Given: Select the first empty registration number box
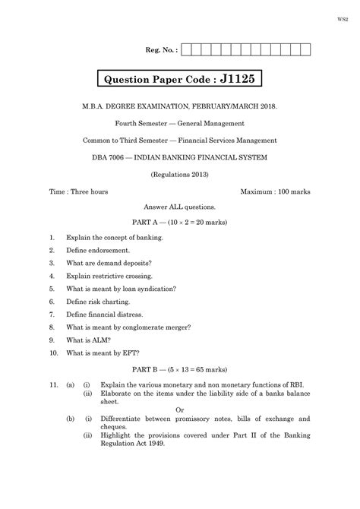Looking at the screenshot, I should [187, 51].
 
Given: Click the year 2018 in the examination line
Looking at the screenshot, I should [266, 108].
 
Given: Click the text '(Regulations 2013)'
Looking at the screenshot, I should [179, 174].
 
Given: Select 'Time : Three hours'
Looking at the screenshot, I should [77, 191].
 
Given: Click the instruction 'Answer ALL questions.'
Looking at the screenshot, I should [179, 207].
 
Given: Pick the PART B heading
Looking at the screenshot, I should [179, 368].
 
